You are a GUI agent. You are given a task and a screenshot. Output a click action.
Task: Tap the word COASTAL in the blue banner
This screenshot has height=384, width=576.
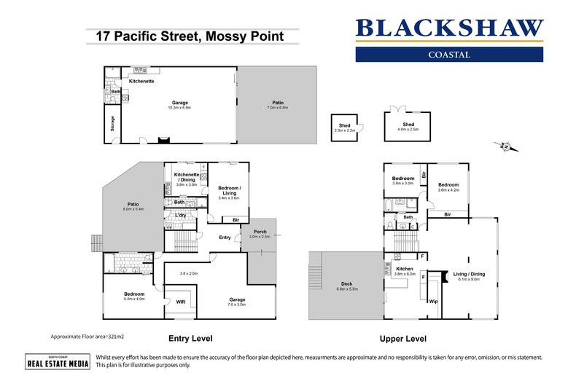448,55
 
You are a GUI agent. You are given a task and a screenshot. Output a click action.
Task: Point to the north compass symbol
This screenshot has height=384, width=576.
504,147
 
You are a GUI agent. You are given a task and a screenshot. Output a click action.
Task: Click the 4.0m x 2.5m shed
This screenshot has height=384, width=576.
408,127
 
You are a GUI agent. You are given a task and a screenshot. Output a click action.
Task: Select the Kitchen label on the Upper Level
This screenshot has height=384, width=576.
404,270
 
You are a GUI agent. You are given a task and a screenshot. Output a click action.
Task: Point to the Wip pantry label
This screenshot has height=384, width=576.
432,300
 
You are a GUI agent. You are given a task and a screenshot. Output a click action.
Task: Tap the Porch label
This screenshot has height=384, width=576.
260,232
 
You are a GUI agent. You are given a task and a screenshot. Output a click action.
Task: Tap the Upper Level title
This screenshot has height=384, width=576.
403,339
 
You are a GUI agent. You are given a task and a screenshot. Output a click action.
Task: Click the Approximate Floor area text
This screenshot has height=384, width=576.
86,337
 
